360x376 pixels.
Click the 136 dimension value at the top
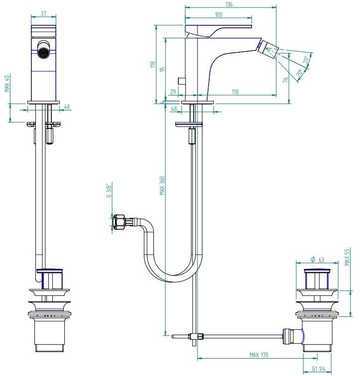229,4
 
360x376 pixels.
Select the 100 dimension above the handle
219,14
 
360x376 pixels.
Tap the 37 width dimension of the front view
43,13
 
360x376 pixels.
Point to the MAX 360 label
162,186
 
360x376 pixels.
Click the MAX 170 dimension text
259,355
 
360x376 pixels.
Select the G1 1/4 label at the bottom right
319,369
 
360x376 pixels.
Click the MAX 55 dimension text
347,257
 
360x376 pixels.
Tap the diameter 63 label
317,260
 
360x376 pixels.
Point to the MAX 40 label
7,84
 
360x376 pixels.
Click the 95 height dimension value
162,69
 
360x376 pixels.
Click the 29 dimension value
173,92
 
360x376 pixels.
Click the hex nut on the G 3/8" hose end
119,221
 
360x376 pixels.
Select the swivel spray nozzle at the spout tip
269,50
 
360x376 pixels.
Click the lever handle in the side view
218,31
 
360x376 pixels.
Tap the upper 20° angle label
306,60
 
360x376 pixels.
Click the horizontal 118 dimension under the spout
235,92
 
